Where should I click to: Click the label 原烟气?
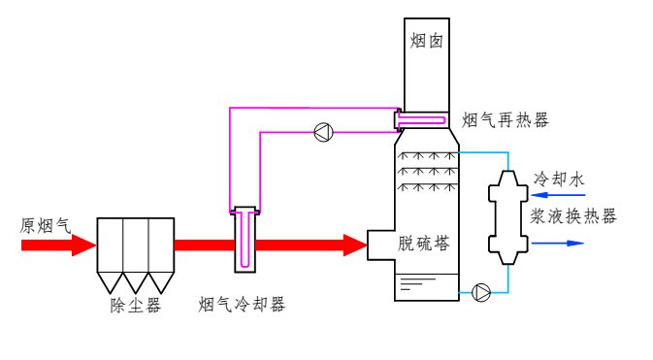(x=46, y=226)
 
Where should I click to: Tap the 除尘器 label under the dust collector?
(x=135, y=306)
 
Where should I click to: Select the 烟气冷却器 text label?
(x=242, y=305)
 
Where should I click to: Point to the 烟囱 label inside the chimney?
(x=427, y=42)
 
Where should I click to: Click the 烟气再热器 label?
(x=506, y=120)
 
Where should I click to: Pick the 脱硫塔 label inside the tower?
(x=424, y=244)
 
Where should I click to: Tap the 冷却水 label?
(x=559, y=180)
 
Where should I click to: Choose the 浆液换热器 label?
(x=573, y=216)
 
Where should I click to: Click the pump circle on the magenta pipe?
(x=323, y=133)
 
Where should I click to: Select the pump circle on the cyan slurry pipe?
(x=481, y=292)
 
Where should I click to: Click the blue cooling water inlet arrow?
(x=558, y=195)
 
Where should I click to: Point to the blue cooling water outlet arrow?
(x=558, y=244)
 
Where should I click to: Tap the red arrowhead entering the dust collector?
(x=84, y=245)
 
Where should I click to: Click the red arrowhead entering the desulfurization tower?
(x=355, y=245)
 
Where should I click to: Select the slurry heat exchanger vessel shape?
(x=508, y=217)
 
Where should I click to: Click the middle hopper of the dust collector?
(x=136, y=282)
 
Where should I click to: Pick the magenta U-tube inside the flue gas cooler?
(x=245, y=239)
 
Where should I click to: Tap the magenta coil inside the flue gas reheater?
(x=421, y=121)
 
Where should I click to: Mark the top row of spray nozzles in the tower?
(x=427, y=155)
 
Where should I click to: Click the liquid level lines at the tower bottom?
(x=417, y=283)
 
